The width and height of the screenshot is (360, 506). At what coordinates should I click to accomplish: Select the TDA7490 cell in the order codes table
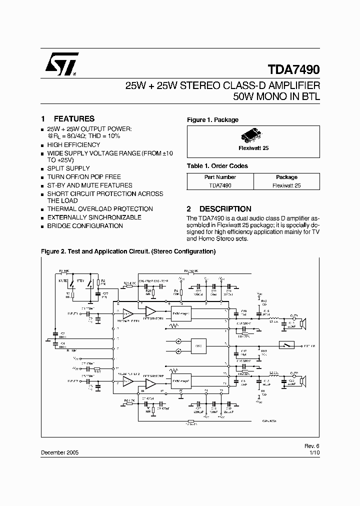(220, 185)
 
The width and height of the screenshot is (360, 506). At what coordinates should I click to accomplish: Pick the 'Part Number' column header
(220, 177)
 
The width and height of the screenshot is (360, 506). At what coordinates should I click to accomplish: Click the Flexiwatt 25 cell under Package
(286, 185)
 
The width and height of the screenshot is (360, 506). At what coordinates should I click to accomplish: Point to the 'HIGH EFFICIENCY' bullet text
(73, 144)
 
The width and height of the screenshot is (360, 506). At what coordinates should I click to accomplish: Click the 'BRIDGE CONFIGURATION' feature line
(85, 225)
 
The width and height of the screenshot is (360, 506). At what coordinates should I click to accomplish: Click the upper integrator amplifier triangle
(150, 312)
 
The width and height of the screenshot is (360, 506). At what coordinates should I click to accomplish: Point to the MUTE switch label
(63, 281)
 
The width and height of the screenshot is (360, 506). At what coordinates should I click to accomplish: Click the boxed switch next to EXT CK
(286, 345)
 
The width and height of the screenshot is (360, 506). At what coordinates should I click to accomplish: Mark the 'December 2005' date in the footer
(59, 452)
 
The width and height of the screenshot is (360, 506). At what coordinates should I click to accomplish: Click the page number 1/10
(313, 452)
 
